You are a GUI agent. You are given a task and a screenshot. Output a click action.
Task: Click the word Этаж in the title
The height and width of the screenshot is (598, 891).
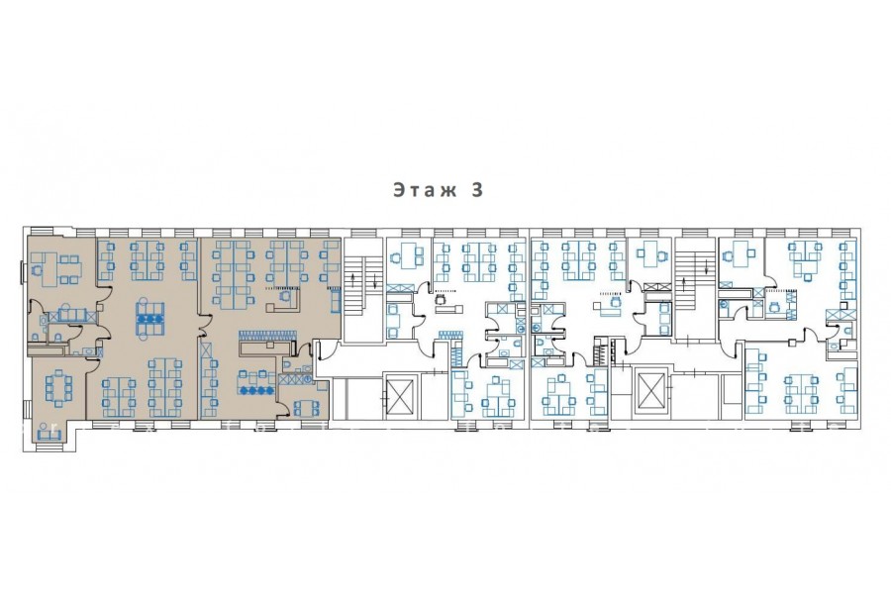425,189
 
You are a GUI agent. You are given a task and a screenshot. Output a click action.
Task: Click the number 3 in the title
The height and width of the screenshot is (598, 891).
477,189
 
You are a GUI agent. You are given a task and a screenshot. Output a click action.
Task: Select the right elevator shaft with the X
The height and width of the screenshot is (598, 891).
649,391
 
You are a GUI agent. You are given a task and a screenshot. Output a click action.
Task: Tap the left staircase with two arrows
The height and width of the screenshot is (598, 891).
362,290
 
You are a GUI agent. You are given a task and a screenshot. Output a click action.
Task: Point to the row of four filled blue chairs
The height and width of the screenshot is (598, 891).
257,390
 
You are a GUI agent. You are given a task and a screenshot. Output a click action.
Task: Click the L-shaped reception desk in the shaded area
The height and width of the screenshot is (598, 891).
282,302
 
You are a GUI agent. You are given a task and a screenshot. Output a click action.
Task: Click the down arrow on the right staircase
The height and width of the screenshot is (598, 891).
706,265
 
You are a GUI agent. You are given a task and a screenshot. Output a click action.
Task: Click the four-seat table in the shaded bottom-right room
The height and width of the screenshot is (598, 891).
307,407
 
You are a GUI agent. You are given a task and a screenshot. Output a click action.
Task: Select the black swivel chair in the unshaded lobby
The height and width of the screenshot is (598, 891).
440,299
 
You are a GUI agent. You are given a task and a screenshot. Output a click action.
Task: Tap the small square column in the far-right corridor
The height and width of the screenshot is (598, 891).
844,305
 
